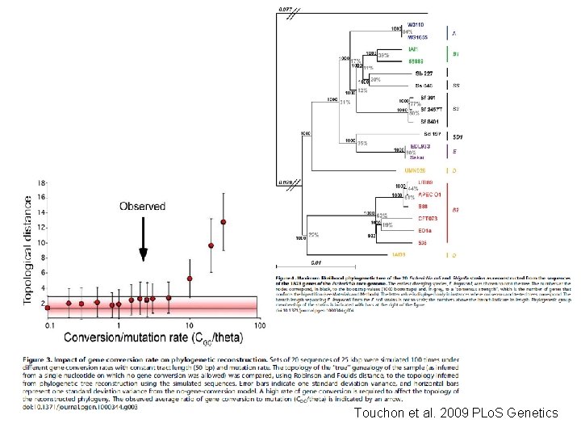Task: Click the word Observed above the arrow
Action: (x=143, y=206)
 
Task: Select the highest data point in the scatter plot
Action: (x=224, y=222)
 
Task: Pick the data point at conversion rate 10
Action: (x=190, y=279)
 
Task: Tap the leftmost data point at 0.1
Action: (x=48, y=308)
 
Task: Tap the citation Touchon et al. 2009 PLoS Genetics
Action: (x=455, y=413)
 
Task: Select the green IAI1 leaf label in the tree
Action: (x=412, y=49)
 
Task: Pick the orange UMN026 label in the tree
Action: (x=417, y=170)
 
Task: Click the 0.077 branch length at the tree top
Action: (x=286, y=8)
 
